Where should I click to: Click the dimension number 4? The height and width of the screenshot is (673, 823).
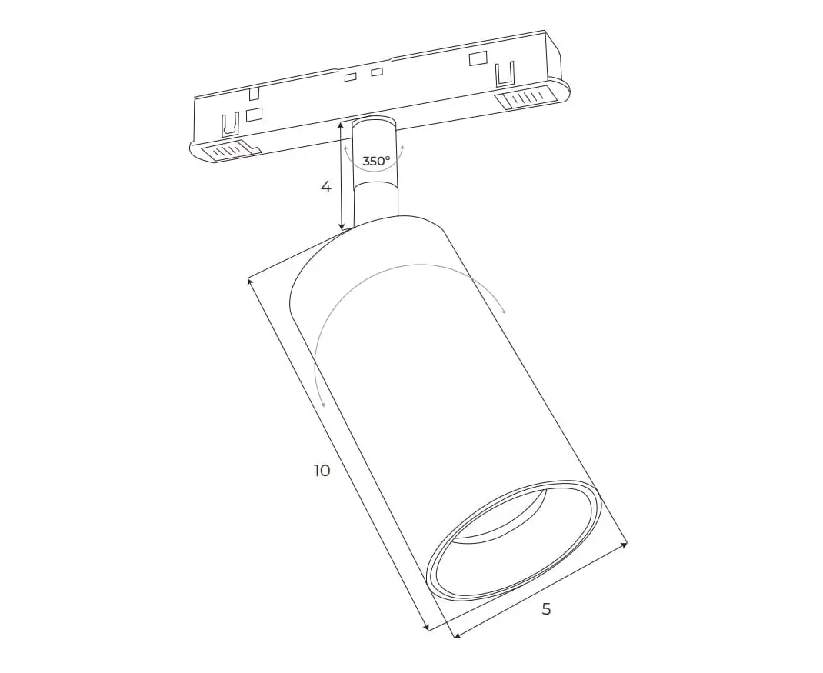[326, 186]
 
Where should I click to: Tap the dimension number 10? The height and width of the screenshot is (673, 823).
[322, 471]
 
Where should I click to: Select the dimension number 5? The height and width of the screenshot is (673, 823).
[546, 609]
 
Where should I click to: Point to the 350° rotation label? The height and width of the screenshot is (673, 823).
[376, 162]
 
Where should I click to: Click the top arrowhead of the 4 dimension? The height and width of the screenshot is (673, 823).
[342, 125]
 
